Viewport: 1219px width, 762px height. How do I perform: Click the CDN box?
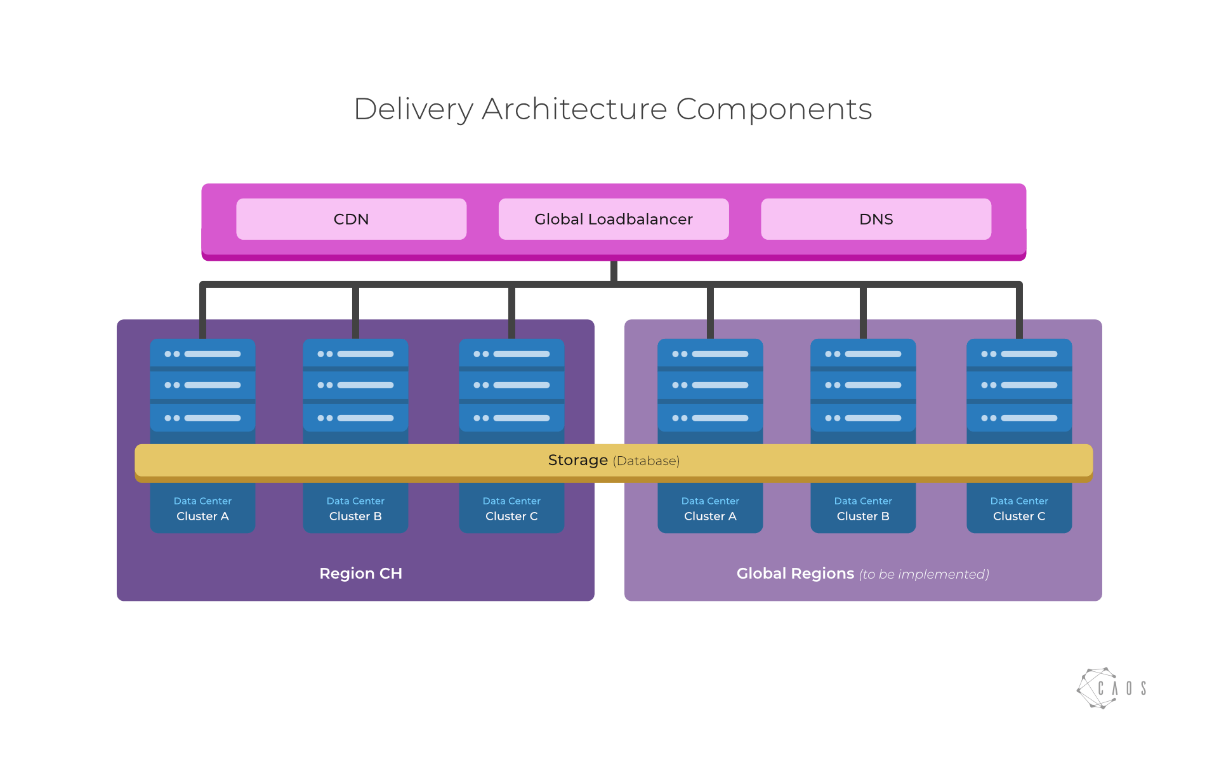(x=351, y=219)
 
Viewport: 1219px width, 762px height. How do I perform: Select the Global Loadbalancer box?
(x=614, y=219)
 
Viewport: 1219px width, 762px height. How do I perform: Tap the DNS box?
(x=876, y=219)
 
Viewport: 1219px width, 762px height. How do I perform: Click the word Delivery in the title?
(x=413, y=109)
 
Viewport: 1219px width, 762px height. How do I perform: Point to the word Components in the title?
(x=774, y=109)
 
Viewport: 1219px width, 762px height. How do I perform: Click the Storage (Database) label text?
(x=613, y=460)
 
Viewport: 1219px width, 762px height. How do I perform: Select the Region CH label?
(x=360, y=574)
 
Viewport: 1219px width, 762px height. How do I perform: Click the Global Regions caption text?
(x=862, y=574)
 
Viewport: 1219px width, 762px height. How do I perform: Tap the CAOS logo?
(x=1111, y=688)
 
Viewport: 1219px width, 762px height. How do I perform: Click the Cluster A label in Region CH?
(x=202, y=516)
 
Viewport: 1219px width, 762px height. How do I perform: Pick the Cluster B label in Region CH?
(x=355, y=516)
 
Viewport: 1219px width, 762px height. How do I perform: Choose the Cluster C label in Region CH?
(x=511, y=516)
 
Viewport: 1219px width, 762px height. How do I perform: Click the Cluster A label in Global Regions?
(x=710, y=516)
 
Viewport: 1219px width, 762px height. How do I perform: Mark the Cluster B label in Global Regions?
(x=863, y=516)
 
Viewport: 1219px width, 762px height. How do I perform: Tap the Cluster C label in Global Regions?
(x=1019, y=516)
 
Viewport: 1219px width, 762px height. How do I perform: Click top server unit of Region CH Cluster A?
(x=202, y=353)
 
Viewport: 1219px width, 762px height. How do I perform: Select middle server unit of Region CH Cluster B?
(x=355, y=385)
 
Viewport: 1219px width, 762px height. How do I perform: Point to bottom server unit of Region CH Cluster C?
(x=511, y=418)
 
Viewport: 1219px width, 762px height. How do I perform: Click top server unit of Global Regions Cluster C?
(x=1019, y=353)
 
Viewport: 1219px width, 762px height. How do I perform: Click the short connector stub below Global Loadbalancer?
(x=614, y=271)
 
